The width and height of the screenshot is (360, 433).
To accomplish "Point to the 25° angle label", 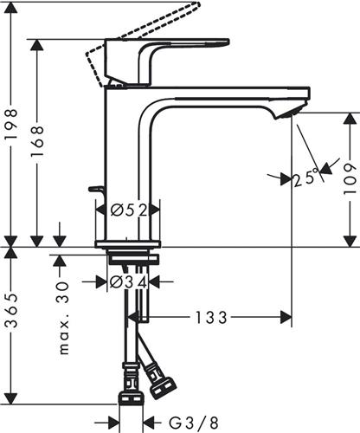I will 305,178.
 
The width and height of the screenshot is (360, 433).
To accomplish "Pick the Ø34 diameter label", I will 130,281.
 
